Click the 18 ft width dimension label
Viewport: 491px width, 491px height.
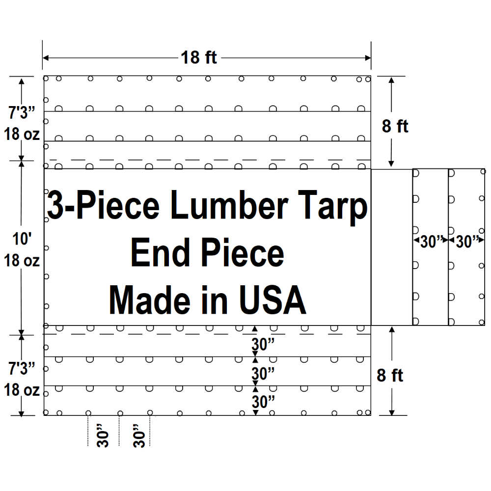(199, 57)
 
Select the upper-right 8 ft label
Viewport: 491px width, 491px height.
(395, 126)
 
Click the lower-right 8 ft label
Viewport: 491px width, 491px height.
(390, 376)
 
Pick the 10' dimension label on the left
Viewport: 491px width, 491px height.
(23, 240)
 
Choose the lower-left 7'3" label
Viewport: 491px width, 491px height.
(23, 368)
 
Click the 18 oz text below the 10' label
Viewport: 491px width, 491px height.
(23, 260)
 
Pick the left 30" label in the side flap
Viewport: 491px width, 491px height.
(430, 242)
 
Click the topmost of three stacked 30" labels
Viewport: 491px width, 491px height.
(263, 345)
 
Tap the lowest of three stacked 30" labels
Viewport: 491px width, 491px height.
(263, 402)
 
